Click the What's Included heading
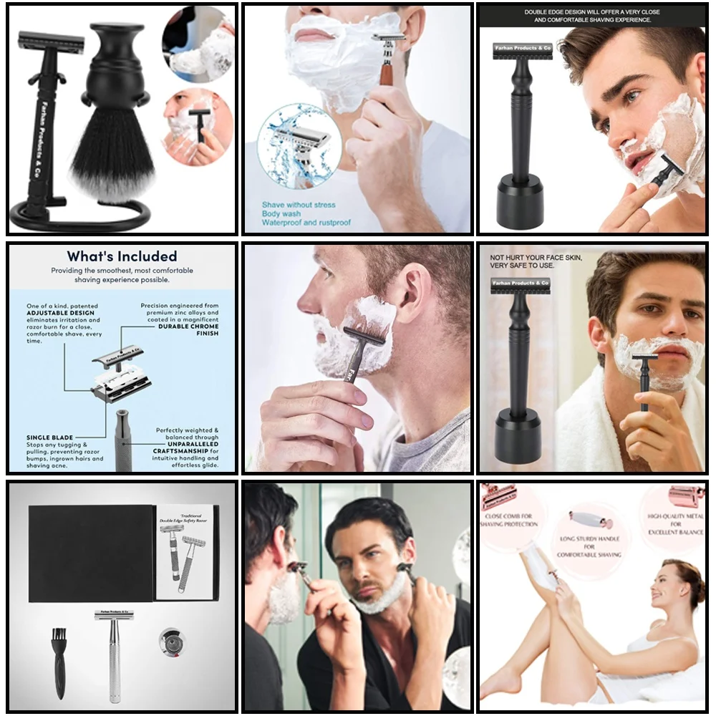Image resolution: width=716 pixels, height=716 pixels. pyautogui.click(x=122, y=256)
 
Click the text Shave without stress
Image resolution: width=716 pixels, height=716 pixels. pyautogui.click(x=298, y=205)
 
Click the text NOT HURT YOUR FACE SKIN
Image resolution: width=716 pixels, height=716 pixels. pyautogui.click(x=536, y=257)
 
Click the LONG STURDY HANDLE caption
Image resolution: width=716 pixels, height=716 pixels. pyautogui.click(x=591, y=546)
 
